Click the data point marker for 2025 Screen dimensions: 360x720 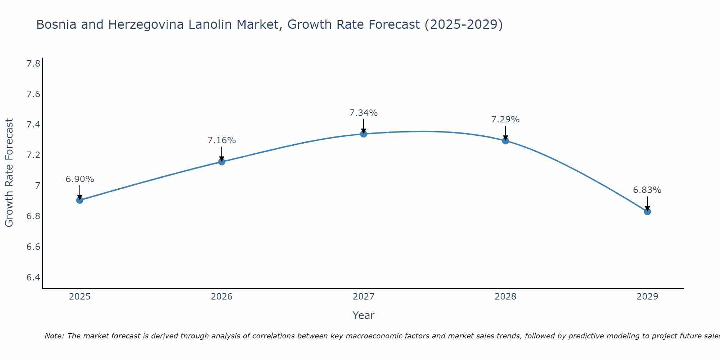pos(80,200)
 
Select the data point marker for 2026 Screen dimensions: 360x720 pos(222,162)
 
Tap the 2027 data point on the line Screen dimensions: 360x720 pos(364,134)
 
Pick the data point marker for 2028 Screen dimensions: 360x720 pos(505,141)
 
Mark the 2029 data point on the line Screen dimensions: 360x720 pos(647,212)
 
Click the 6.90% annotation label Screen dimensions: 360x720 pos(80,179)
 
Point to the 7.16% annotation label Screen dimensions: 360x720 pos(222,140)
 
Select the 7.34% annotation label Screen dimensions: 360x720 pos(364,113)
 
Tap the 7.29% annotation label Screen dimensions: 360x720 pos(505,120)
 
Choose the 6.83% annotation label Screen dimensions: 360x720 pos(647,190)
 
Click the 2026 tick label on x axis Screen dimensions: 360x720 pos(222,297)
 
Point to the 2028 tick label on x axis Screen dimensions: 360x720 pos(505,297)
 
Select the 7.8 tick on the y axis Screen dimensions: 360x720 pos(33,64)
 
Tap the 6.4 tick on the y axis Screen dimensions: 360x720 pos(33,278)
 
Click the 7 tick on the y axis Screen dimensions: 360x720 pos(37,186)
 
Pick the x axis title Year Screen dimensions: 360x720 pos(364,315)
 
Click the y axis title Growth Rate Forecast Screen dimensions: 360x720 pos(9,173)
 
